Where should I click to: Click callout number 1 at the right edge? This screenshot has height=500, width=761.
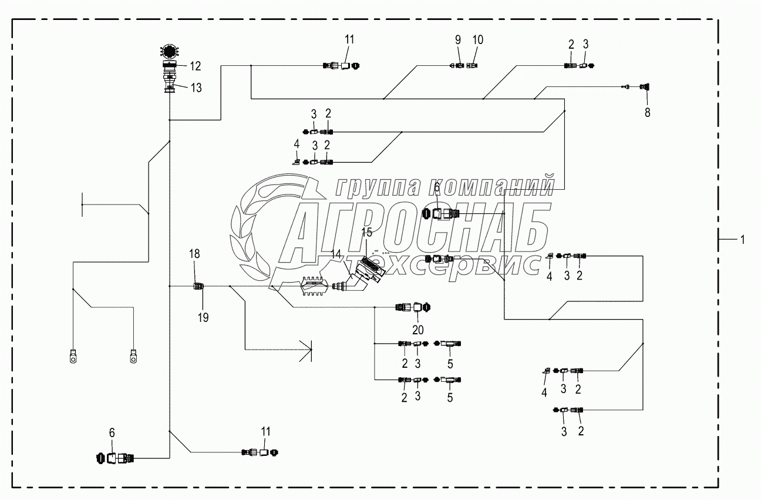click(x=743, y=239)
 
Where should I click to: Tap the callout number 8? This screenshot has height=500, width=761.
click(x=648, y=113)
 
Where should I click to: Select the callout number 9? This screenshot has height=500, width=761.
click(x=458, y=40)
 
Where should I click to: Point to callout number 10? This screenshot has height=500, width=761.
click(x=478, y=40)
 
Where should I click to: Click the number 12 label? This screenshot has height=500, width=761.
click(x=194, y=66)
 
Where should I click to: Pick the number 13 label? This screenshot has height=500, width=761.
click(x=195, y=88)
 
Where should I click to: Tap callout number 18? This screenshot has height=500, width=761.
click(x=194, y=254)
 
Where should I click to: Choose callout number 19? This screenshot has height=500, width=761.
click(x=203, y=317)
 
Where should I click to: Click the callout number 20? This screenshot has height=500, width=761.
click(x=417, y=329)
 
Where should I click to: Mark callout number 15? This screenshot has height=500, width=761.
click(x=367, y=232)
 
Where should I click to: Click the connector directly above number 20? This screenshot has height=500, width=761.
click(x=414, y=307)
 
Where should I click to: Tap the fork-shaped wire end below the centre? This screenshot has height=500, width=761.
click(x=306, y=350)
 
